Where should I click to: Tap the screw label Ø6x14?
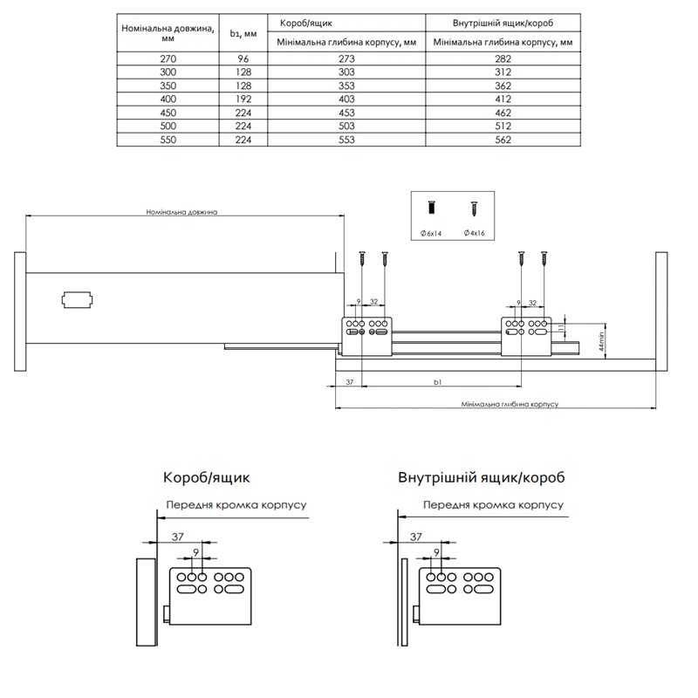point(433,233)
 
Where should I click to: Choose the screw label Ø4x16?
point(476,233)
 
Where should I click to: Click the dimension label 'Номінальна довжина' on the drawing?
point(181,212)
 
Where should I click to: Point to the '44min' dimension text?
point(578,339)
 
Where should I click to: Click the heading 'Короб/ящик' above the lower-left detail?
point(206,478)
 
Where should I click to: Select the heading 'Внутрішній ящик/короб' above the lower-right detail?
point(481,478)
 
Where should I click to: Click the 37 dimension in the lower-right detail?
point(415,537)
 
